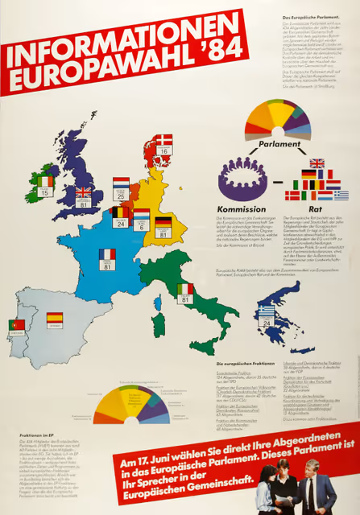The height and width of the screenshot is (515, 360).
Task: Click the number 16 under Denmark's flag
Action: coord(163,150)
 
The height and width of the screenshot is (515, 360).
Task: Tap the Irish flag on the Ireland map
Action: coord(45,182)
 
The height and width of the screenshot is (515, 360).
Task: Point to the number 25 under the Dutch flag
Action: coord(121,196)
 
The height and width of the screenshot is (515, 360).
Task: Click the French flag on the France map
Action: coord(106,254)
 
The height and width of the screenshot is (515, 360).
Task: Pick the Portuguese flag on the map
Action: coord(17,325)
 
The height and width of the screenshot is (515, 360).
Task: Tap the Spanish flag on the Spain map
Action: coord(55,319)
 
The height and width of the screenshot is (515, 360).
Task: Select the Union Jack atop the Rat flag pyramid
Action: coord(317,163)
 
